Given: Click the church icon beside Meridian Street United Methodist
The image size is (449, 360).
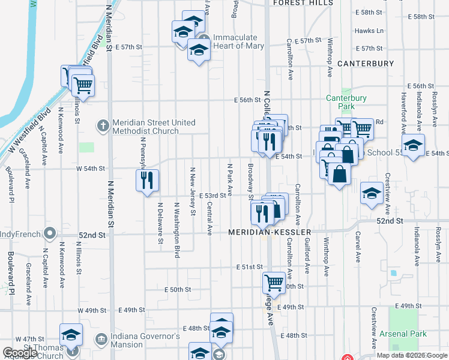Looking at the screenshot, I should [x=103, y=126].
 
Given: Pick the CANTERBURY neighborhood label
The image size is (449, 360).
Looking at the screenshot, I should [x=366, y=63].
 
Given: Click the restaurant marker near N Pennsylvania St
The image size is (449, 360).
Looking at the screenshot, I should [x=148, y=180].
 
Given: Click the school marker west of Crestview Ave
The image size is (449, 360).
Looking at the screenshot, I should [x=372, y=193].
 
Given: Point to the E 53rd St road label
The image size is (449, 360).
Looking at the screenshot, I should [x=212, y=195].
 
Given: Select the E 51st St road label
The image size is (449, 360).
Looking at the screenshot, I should [x=249, y=266].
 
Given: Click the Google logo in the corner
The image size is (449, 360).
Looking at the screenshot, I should [x=20, y=353].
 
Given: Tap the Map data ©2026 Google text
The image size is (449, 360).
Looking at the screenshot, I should [x=411, y=355].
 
